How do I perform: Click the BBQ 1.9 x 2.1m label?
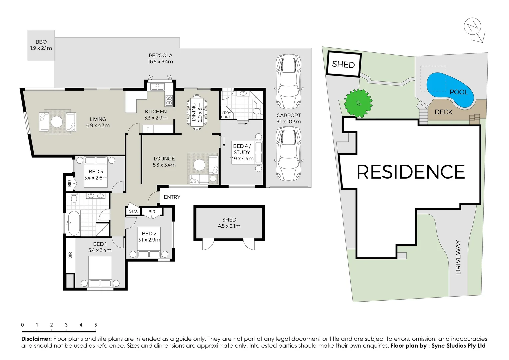click(41, 45)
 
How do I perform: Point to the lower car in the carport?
click(289, 154)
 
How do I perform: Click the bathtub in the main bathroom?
click(73, 223)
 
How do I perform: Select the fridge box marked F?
click(148, 129)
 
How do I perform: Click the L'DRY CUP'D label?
click(226, 115)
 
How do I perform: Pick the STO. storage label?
click(133, 211)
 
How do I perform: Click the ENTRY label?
click(172, 197)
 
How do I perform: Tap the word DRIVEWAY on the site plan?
click(458, 257)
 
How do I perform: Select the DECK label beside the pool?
click(443, 112)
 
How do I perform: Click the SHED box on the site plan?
click(344, 64)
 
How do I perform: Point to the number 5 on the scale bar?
click(96, 325)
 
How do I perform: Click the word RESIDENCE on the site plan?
click(411, 172)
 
